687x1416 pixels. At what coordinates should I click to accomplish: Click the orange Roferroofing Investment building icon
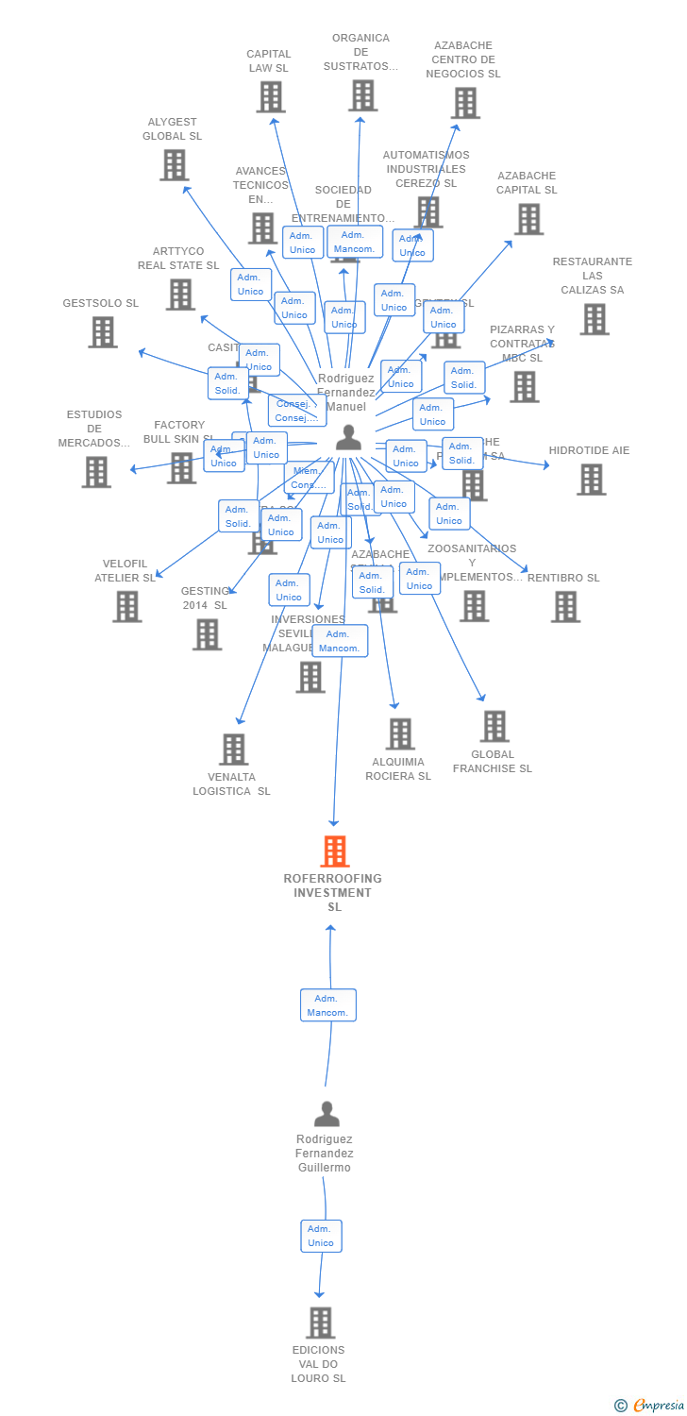(334, 851)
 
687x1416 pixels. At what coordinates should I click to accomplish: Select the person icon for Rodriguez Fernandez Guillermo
(327, 1115)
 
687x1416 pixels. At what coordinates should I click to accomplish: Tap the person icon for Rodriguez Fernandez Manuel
(348, 438)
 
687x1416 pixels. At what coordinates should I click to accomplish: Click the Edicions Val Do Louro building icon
(320, 1323)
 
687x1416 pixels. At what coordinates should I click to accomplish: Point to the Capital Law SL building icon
(271, 97)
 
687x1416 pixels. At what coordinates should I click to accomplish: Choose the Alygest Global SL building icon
(174, 165)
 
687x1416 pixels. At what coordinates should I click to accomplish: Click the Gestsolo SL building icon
(103, 332)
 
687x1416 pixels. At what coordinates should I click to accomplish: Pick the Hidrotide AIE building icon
(591, 480)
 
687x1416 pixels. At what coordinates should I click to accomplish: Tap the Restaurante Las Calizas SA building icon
(594, 319)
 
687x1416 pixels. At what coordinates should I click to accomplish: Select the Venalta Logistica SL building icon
(233, 750)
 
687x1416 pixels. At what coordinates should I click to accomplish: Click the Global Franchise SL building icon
(494, 727)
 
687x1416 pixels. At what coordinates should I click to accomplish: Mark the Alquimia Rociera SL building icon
(400, 734)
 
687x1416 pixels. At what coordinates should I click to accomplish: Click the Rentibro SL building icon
(565, 607)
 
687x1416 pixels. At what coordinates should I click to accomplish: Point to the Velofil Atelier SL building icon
(126, 607)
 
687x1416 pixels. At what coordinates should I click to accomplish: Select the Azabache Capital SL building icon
(528, 219)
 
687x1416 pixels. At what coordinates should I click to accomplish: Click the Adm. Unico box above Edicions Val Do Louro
(321, 1236)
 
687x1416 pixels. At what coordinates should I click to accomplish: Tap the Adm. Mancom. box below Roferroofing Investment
(327, 1005)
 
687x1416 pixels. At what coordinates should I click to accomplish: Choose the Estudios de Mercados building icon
(96, 472)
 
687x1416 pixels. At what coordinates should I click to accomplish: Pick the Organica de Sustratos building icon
(362, 96)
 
